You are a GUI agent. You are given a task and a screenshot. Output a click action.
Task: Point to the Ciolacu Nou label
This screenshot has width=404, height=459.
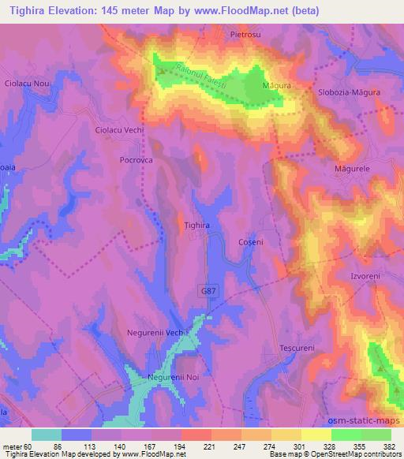coord(27,84)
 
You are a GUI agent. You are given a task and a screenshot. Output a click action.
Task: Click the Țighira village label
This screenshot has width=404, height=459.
coord(196,225)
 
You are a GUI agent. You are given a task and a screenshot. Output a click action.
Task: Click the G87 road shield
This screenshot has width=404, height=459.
coord(206,291)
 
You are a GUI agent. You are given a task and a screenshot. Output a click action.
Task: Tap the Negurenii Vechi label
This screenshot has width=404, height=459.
coord(159,333)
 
